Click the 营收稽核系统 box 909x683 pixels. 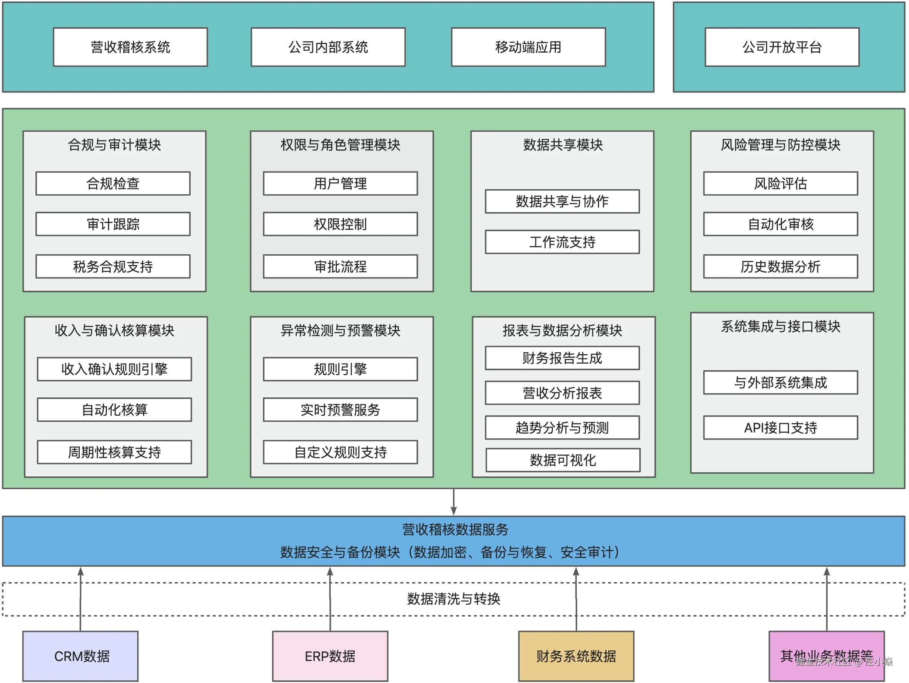[130, 47]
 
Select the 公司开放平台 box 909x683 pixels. [782, 47]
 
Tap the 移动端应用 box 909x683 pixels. [528, 47]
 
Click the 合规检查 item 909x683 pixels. [113, 183]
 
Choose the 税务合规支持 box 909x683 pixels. [113, 267]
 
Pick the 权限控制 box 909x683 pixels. [340, 224]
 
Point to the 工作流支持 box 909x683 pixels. [562, 242]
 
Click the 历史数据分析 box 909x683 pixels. [780, 267]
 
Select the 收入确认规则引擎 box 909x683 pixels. [114, 369]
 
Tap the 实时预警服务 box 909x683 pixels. [340, 410]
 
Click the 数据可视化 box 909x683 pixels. [563, 460]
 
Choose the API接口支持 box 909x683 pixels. [780, 428]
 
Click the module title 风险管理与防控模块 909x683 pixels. [780, 145]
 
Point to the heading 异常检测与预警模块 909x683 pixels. [340, 330]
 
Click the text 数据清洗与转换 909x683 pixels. [454, 599]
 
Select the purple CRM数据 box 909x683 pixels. [80, 656]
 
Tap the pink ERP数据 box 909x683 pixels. [330, 656]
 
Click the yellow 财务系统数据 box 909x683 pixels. [576, 656]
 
